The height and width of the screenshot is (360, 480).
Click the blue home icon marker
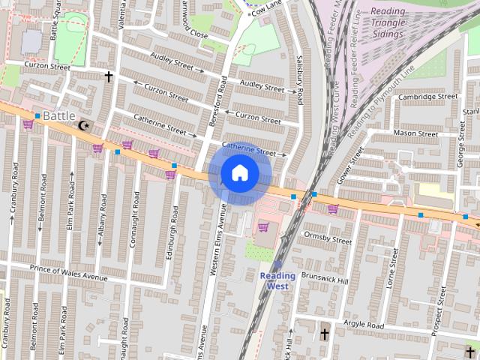pyautogui.click(x=239, y=173)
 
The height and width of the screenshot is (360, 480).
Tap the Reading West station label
pyautogui.click(x=277, y=280)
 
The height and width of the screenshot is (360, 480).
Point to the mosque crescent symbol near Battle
pyautogui.click(x=83, y=125)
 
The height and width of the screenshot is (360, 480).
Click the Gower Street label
pyautogui.click(x=349, y=166)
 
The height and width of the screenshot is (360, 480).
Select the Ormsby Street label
pyautogui.click(x=327, y=238)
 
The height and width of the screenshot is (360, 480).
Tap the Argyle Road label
pyautogui.click(x=363, y=325)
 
